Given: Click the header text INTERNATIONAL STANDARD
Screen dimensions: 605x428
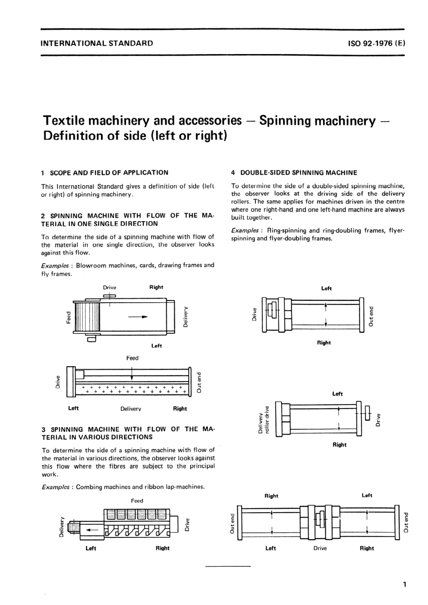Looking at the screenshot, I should [96, 44].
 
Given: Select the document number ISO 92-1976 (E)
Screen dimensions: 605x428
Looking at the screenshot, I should [376, 44].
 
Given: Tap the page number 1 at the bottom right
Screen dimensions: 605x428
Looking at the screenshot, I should [405, 585].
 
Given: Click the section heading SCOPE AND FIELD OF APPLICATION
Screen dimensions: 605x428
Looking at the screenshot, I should [109, 173].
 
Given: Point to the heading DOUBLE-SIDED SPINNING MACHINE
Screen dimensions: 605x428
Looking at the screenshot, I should [298, 173].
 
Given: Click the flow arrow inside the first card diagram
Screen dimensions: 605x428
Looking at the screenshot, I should [138, 317].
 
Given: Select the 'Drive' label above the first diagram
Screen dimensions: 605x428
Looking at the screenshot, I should [109, 287].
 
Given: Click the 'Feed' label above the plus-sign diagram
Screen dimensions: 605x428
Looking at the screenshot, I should [132, 358].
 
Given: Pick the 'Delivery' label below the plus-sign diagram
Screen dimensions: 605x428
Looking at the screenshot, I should [131, 409].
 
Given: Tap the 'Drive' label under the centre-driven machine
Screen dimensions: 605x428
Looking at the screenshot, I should [320, 548].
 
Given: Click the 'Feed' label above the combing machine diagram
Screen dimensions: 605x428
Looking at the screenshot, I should [137, 500].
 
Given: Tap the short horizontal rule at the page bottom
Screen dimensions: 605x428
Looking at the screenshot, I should [228, 566].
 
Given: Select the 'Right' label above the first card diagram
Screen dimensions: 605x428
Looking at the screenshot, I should [156, 287].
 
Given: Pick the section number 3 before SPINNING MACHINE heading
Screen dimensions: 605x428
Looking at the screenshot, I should [43, 429].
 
